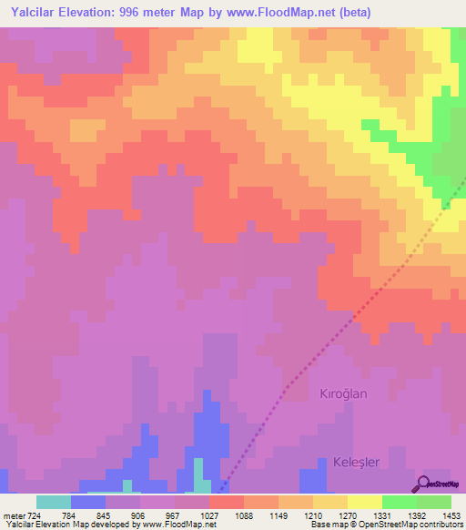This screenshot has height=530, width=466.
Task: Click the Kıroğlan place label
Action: (343, 393)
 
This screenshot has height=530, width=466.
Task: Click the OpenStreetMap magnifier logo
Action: (422, 484)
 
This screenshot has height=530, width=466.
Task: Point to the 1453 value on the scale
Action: (451, 515)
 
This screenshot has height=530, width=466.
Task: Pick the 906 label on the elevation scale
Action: (138, 515)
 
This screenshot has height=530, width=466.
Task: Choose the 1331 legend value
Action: (381, 515)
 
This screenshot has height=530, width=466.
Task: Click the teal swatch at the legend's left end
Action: (54, 502)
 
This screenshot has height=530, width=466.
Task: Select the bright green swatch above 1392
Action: (400, 502)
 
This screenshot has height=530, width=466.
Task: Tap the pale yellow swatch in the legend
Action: (365, 502)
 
